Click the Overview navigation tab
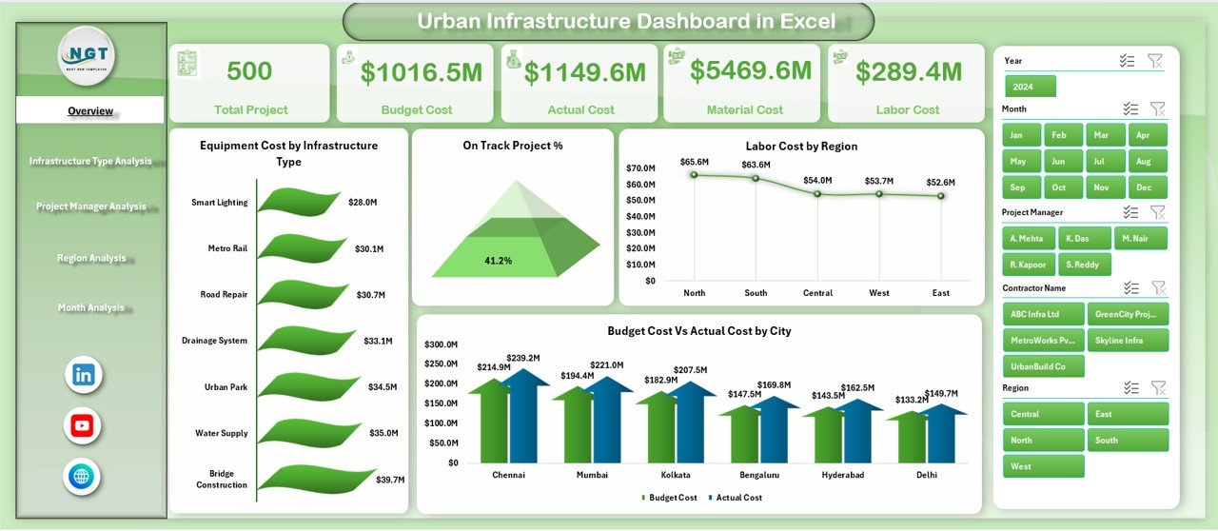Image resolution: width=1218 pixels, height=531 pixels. tap(90, 111)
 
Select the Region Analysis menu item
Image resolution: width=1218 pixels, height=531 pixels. tap(91, 258)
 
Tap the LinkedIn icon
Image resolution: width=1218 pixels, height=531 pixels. tap(83, 375)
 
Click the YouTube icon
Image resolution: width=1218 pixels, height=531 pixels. tap(83, 425)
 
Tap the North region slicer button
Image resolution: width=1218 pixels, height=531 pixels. tap(1043, 440)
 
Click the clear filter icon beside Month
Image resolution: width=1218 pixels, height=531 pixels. tap(1157, 109)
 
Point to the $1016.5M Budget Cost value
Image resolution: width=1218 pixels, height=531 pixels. tap(416, 72)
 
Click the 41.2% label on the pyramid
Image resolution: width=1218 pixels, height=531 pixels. tap(498, 261)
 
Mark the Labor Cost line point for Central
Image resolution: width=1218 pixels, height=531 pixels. tap(817, 193)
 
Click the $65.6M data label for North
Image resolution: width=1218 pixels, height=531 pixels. tap(695, 162)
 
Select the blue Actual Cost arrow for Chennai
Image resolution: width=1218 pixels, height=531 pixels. tap(522, 419)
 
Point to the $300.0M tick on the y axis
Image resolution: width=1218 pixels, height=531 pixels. tap(441, 344)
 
